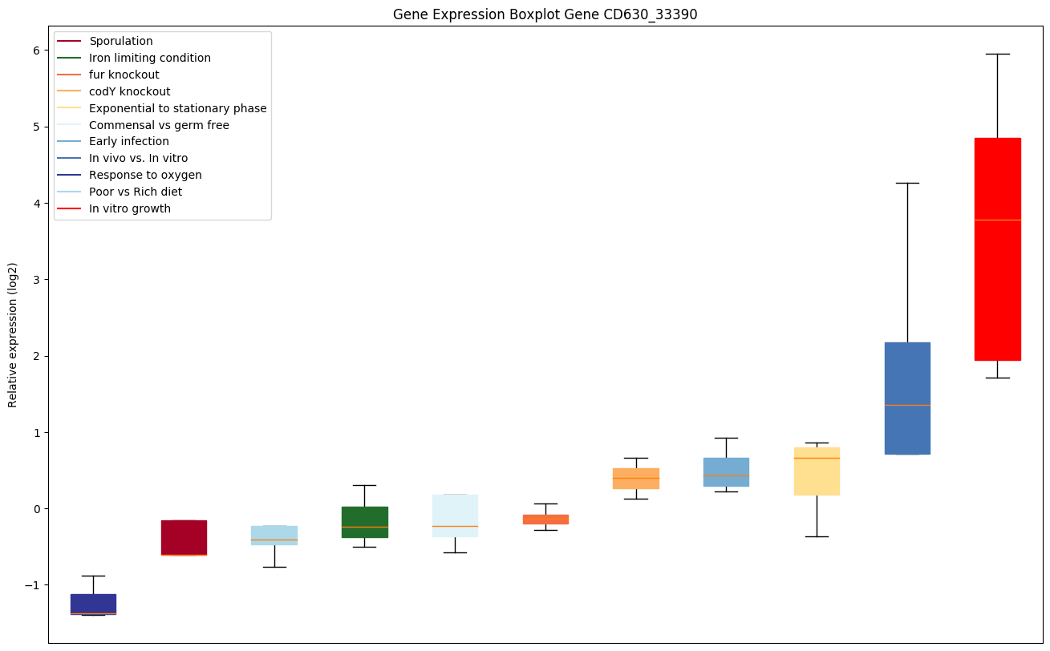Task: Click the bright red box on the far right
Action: pos(997,249)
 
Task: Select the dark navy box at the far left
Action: pos(93,604)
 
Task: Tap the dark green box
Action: pos(364,522)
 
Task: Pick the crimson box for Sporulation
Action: pos(184,537)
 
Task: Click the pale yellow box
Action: pos(817,471)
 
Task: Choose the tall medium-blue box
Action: pos(907,398)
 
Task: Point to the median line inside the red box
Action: pos(997,220)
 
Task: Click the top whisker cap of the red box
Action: pos(997,54)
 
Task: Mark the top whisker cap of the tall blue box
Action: pos(907,183)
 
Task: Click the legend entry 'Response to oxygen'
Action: pos(145,175)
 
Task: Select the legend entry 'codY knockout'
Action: pos(130,91)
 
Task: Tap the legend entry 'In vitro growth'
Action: pos(130,208)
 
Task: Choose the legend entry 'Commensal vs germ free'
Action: pos(159,125)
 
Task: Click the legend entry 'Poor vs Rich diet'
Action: pos(136,192)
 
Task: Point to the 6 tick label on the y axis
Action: pos(36,51)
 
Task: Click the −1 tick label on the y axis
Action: pos(33,585)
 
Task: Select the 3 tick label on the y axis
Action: pos(36,280)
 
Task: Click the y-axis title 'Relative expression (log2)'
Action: pos(13,334)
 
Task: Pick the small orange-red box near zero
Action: pos(545,519)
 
